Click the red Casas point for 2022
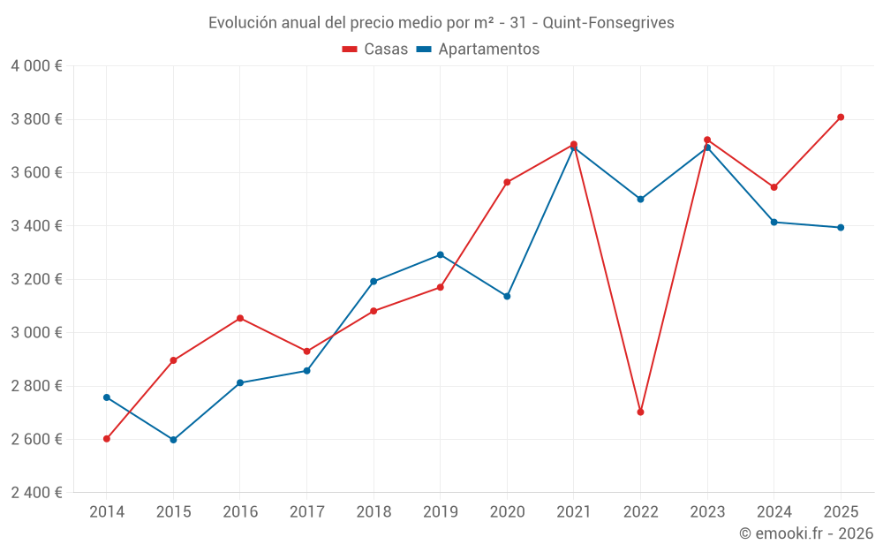640,412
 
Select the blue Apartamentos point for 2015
173,440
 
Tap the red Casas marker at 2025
841,117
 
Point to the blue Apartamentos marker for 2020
507,297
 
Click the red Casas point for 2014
107,439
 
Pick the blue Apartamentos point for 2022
640,200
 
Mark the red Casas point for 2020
507,183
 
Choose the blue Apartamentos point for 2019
440,255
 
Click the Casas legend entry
375,49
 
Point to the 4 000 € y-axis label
36,66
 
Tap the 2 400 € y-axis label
36,493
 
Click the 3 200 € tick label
36,279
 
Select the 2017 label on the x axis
306,512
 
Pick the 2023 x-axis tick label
707,512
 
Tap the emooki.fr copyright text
806,533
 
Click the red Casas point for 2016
240,319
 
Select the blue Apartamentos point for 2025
841,228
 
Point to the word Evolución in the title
239,23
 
